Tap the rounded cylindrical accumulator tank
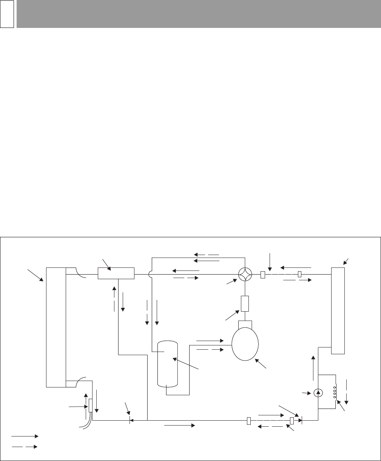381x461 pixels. [x=167, y=363]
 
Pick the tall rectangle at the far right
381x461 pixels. [x=338, y=310]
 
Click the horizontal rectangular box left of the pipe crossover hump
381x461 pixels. [x=116, y=273]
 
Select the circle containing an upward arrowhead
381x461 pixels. [x=318, y=393]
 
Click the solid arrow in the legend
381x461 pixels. [x=25, y=436]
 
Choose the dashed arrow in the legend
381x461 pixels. [x=25, y=447]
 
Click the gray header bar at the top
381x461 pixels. [x=199, y=14]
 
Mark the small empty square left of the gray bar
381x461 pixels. [x=7, y=14]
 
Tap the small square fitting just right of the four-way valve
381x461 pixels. [x=263, y=275]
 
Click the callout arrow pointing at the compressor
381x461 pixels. [x=260, y=363]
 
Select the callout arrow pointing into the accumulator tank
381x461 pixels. [x=186, y=364]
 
